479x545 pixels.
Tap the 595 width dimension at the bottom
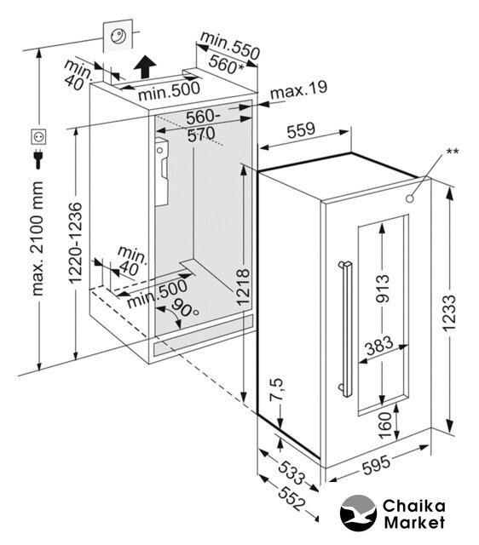(377, 465)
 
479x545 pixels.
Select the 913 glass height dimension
(383, 288)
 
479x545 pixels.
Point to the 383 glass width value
(379, 346)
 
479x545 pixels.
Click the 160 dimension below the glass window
(384, 425)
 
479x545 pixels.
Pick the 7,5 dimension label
(277, 390)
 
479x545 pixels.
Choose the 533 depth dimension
(291, 472)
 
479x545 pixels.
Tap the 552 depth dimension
(291, 498)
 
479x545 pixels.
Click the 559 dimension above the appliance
(301, 129)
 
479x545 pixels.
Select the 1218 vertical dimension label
(243, 287)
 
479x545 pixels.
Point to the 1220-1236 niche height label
(75, 243)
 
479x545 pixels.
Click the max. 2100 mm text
(38, 238)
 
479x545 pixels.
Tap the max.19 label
(299, 89)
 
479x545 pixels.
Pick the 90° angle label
(185, 307)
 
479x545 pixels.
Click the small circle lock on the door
(410, 198)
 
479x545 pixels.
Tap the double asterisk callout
(453, 152)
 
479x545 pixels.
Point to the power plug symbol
(38, 159)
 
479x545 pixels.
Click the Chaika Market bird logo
(358, 513)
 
